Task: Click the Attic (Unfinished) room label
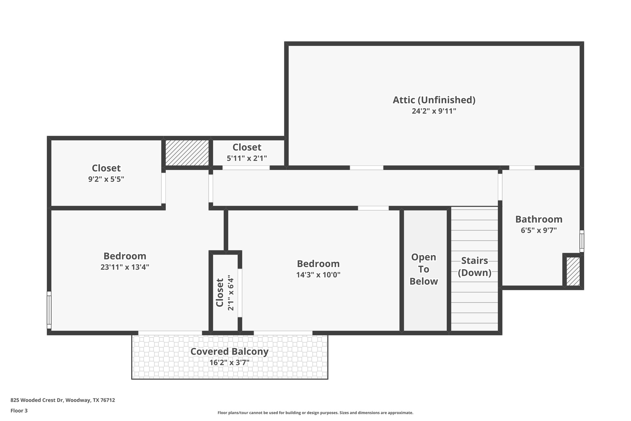click(434, 100)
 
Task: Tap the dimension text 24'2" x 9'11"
click(434, 111)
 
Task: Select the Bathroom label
click(539, 219)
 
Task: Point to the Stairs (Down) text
click(474, 267)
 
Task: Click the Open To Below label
click(424, 269)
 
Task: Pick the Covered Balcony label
click(229, 352)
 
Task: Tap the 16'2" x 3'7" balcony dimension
click(229, 362)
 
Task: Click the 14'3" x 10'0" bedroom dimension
click(318, 275)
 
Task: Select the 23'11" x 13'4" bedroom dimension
click(125, 267)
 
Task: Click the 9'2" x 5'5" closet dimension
click(106, 179)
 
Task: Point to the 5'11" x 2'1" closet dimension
click(247, 159)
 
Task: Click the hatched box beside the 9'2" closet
click(187, 153)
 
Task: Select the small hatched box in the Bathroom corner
click(573, 271)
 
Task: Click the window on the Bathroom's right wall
click(582, 241)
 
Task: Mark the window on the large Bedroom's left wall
click(49, 310)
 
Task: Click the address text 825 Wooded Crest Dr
click(63, 400)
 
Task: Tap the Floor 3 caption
click(19, 411)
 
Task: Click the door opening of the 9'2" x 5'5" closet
click(164, 188)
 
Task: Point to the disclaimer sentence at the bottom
click(315, 413)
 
